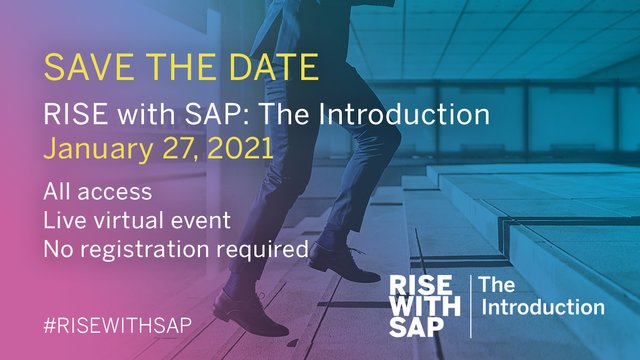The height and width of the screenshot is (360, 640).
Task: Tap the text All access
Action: pos(97,191)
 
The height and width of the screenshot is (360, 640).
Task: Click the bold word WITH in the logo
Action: pos(423,303)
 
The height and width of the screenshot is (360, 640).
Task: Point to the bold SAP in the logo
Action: pos(418,325)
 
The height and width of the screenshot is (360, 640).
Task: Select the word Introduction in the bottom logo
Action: pos(542,307)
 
